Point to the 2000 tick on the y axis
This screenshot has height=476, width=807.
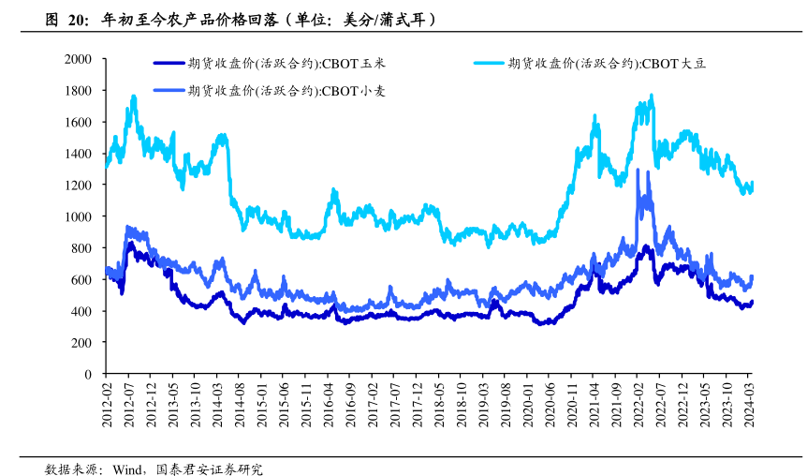coord(78,59)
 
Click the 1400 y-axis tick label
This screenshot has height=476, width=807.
coord(78,154)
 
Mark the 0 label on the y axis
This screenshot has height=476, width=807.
coord(88,374)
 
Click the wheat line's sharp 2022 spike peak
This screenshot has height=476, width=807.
coord(638,171)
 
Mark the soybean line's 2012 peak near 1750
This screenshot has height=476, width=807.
coord(134,97)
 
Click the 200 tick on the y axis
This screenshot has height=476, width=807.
coord(81,343)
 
